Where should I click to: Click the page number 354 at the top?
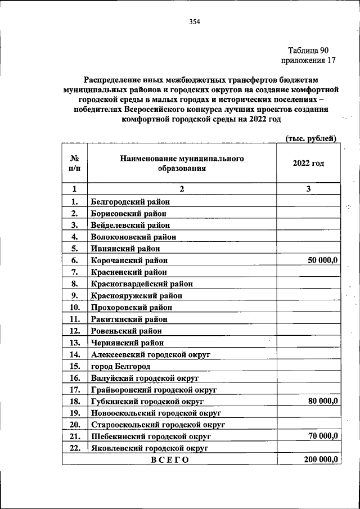click(195, 22)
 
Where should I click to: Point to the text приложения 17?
click(308, 60)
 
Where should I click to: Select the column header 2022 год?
click(308, 163)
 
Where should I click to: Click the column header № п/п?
click(74, 163)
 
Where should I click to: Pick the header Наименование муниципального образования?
click(181, 163)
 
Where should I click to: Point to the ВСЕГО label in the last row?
click(169, 460)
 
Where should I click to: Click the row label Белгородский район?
click(130, 201)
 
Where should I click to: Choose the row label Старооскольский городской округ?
click(157, 425)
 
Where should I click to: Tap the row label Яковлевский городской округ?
click(149, 448)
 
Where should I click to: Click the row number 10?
click(74, 307)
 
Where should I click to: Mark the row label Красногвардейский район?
click(145, 283)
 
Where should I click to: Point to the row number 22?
click(74, 448)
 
